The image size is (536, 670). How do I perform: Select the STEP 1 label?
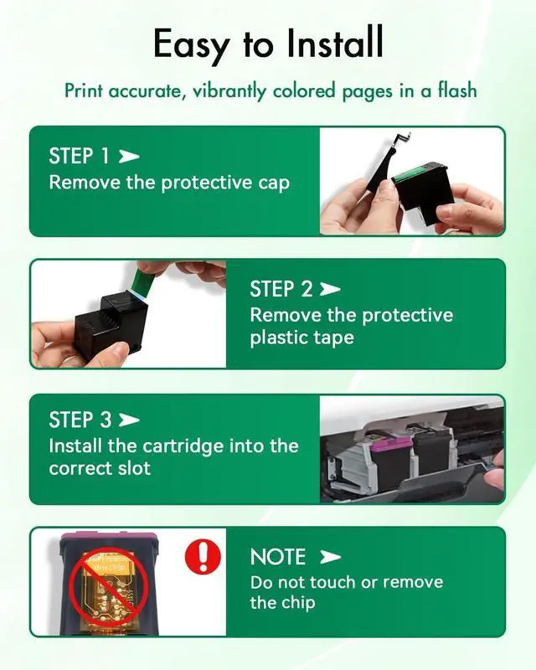(x=80, y=156)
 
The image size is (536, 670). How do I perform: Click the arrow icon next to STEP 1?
(x=129, y=157)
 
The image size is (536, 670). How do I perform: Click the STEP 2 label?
(x=281, y=290)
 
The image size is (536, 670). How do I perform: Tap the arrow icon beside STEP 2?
(x=330, y=290)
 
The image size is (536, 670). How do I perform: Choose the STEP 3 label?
(x=80, y=419)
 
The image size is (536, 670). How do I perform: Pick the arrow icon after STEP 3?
(x=130, y=419)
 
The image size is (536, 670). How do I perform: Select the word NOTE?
(x=278, y=557)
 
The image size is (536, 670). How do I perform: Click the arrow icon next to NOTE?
(x=330, y=557)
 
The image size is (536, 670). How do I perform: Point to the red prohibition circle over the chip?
(x=106, y=586)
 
